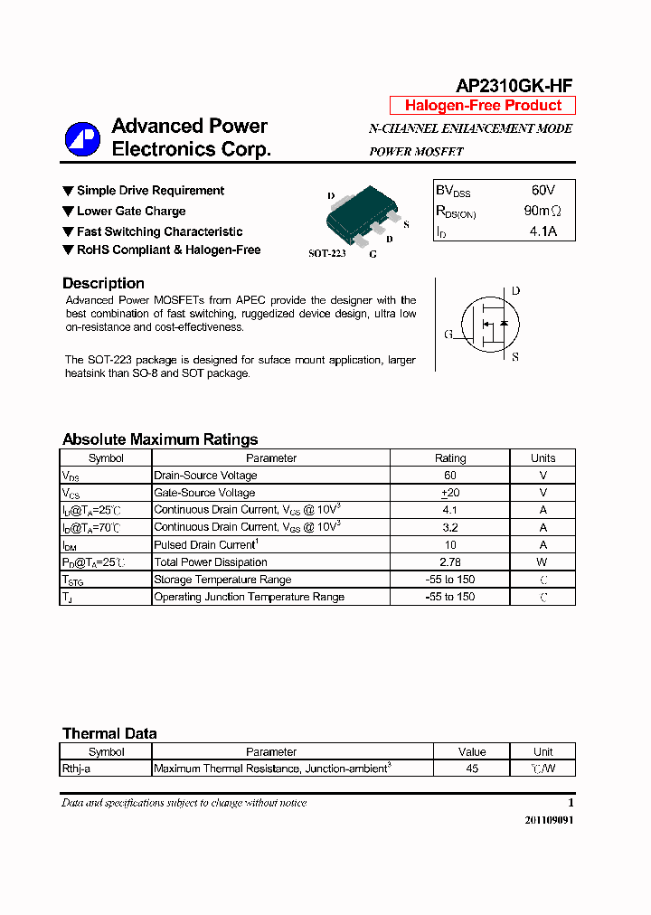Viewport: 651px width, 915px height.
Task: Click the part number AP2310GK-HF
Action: [x=513, y=86]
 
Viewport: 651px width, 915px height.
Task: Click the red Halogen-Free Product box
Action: [x=483, y=106]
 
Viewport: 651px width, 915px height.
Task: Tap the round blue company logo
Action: [x=82, y=138]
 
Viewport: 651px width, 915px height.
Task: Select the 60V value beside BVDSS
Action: [x=542, y=191]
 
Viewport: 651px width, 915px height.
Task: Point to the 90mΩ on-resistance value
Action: [x=542, y=211]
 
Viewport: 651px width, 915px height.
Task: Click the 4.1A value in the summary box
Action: [x=542, y=231]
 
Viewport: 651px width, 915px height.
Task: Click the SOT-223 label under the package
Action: [x=326, y=254]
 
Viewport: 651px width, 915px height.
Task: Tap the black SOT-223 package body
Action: [x=367, y=211]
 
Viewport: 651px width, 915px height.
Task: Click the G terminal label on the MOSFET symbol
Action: [x=448, y=335]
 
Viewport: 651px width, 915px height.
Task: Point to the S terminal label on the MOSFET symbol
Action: [x=515, y=357]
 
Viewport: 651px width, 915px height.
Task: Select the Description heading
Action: [x=103, y=284]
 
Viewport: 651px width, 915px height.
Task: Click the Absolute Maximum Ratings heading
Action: [x=160, y=439]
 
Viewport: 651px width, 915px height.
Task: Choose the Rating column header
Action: [x=450, y=458]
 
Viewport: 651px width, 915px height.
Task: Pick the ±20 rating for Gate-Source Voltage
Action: [x=450, y=493]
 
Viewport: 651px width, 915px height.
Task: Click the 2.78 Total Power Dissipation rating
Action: [x=450, y=562]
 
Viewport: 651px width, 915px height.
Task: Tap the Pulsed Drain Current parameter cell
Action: [x=206, y=545]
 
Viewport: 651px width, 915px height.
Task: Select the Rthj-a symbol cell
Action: [x=77, y=769]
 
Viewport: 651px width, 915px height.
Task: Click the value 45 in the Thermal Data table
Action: [x=472, y=769]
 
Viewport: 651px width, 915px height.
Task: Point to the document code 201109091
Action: [x=549, y=820]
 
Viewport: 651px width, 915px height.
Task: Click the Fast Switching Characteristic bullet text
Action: [x=159, y=231]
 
